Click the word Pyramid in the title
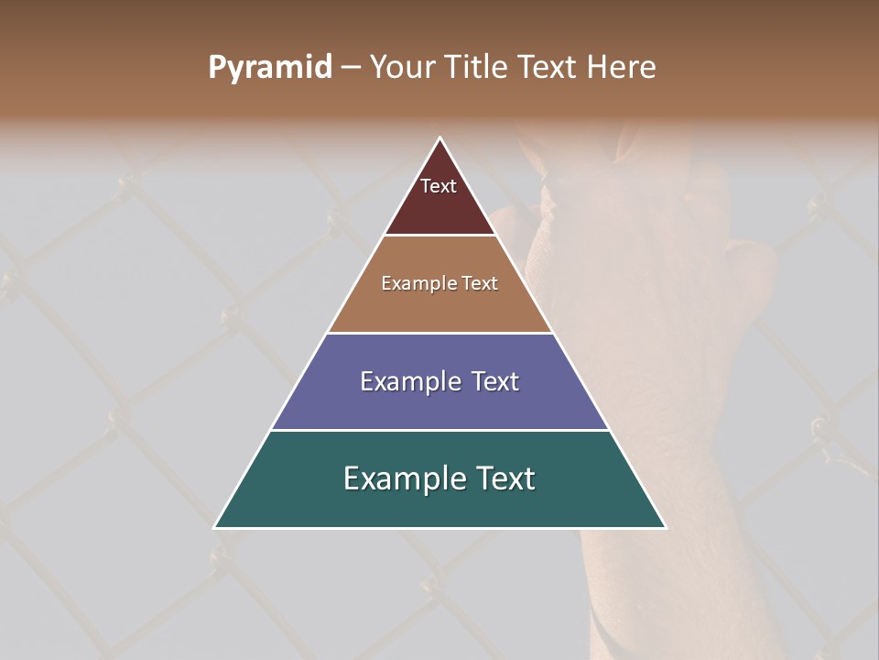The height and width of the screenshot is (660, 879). click(270, 68)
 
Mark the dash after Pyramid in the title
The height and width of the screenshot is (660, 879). click(351, 68)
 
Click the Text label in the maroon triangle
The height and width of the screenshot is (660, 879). click(439, 186)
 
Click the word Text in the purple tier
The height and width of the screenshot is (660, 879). click(495, 381)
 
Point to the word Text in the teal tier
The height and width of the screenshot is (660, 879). click(504, 478)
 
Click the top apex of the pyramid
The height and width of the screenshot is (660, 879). click(439, 139)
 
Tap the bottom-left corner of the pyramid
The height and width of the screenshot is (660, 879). click(215, 527)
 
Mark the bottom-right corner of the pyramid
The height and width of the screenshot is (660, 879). click(665, 527)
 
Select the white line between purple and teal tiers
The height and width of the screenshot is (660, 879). click(439, 430)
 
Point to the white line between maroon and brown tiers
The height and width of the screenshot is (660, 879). click(439, 235)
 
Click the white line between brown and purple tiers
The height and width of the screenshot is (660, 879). click(439, 333)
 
